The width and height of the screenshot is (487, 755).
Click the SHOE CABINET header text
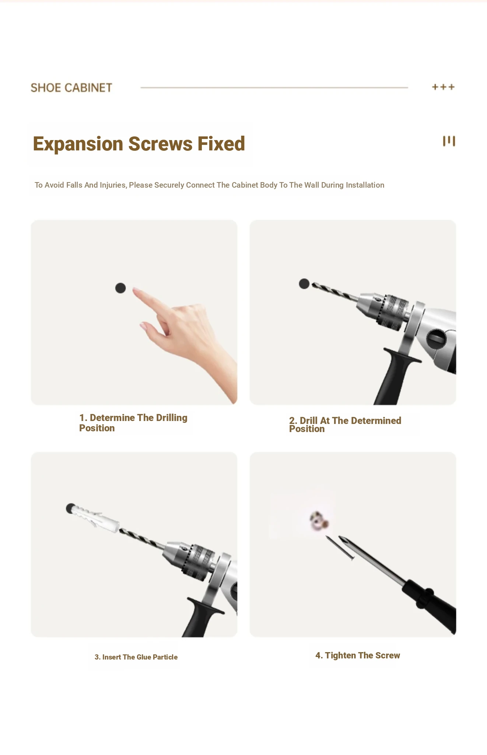[71, 88]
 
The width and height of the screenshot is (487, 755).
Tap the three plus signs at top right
[444, 87]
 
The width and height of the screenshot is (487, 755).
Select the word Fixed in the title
[221, 144]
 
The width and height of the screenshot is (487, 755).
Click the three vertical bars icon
[449, 141]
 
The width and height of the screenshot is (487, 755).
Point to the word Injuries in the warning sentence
[113, 185]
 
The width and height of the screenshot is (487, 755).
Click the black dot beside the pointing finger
[120, 288]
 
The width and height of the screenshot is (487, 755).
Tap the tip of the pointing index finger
[134, 289]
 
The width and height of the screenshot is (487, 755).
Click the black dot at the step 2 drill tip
[304, 283]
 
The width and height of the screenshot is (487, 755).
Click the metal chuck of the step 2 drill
[383, 310]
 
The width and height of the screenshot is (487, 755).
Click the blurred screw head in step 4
[319, 521]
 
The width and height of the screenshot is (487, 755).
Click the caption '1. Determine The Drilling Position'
[133, 423]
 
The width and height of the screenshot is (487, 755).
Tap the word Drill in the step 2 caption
[309, 421]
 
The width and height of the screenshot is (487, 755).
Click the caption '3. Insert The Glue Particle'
[136, 657]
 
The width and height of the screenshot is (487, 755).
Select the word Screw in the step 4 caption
[388, 655]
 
